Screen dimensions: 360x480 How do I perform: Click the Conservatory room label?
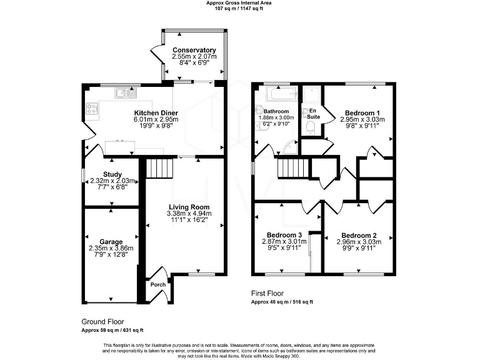pyautogui.click(x=194, y=50)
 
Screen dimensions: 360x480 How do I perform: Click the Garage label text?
pyautogui.click(x=110, y=241)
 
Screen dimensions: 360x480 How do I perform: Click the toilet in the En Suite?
pyautogui.click(x=310, y=128)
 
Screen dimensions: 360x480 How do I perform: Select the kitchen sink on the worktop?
pyautogui.click(x=122, y=94)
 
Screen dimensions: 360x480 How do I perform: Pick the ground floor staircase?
pyautogui.click(x=159, y=168)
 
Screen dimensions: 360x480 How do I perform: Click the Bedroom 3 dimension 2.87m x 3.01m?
pyautogui.click(x=281, y=241)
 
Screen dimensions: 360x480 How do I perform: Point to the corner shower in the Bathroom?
pyautogui.click(x=289, y=147)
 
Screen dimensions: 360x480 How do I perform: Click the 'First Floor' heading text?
pyautogui.click(x=267, y=292)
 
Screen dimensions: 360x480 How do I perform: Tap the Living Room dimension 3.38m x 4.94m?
pyautogui.click(x=188, y=214)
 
